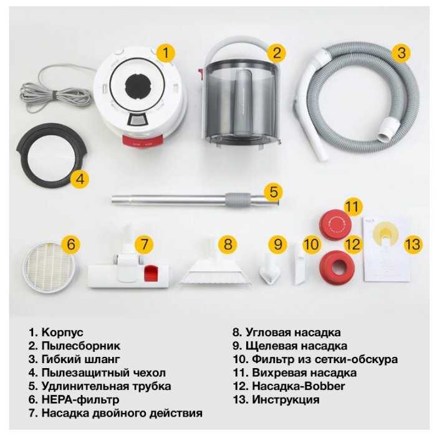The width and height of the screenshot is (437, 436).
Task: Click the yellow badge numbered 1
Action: pos(166,53)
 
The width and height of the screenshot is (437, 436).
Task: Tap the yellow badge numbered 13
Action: pos(413,244)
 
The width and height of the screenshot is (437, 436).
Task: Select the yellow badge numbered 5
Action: pos(274,192)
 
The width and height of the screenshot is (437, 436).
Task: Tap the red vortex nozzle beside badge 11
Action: pos(335,224)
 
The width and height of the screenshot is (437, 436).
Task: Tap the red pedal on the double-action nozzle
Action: pos(151,273)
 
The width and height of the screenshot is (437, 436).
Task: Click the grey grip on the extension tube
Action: pos(238,200)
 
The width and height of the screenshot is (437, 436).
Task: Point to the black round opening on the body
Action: pos(138,85)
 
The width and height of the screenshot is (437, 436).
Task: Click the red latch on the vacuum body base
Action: pos(142,141)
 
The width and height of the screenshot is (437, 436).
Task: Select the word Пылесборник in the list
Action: pos(81,346)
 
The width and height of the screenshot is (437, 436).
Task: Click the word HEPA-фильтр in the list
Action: pos(80,399)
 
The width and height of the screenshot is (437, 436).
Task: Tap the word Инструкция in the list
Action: pos(286,399)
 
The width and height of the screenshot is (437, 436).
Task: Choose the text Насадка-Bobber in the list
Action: pos(299,386)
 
